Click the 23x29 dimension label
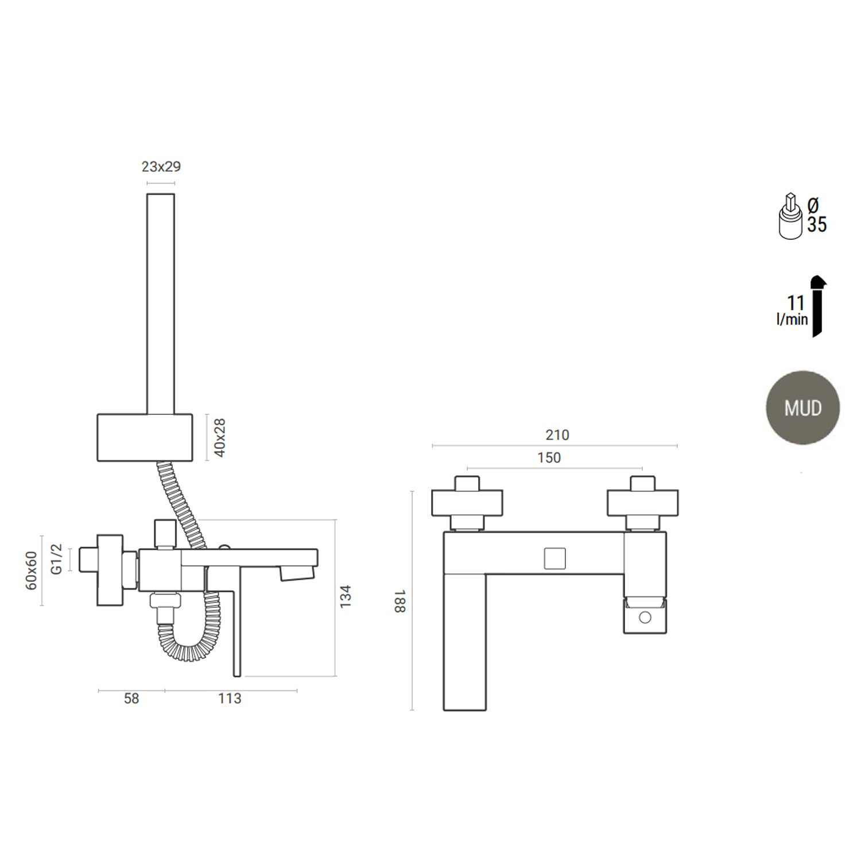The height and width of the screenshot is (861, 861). tap(161, 166)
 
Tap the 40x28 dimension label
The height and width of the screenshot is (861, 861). tap(220, 437)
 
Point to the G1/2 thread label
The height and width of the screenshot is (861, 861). tap(56, 559)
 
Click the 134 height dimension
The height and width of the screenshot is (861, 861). tap(346, 597)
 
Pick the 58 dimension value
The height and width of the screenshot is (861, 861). tap(131, 699)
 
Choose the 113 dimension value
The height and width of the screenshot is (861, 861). tap(230, 699)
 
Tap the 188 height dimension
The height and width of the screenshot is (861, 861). tap(400, 600)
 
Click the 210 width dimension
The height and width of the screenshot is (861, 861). tap(557, 435)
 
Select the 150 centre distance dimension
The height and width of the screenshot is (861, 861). tap(549, 457)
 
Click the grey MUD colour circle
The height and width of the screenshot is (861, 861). tap(802, 408)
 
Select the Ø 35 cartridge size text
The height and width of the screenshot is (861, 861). tap(816, 215)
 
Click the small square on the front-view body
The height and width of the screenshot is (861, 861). tap(554, 559)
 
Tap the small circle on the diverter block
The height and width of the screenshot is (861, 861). tap(645, 618)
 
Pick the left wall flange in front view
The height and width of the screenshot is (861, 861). tap(467, 503)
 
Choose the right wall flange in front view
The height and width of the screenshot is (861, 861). tap(642, 503)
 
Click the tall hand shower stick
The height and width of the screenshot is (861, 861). tap(161, 303)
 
